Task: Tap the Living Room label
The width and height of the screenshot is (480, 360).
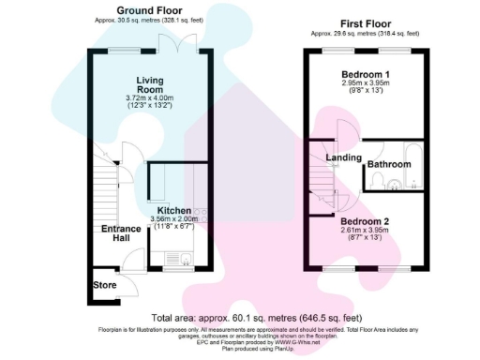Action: pyautogui.click(x=150, y=85)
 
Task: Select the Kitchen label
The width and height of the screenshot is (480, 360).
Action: pyautogui.click(x=173, y=212)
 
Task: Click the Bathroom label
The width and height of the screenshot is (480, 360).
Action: pyautogui.click(x=389, y=165)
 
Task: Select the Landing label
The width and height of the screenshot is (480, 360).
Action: pyautogui.click(x=344, y=157)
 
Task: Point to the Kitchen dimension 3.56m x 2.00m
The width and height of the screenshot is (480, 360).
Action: pyautogui.click(x=173, y=220)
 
